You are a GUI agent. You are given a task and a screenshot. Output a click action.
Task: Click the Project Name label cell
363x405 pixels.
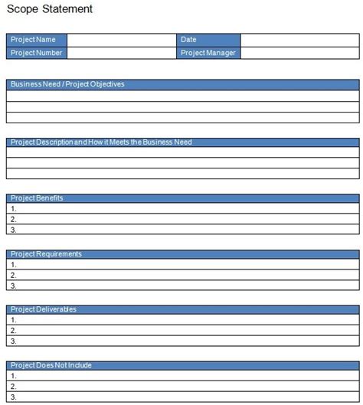(37, 39)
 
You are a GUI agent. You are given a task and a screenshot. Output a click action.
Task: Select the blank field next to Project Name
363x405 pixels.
(121, 39)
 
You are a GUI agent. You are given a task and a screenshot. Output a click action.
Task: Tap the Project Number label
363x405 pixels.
(37, 53)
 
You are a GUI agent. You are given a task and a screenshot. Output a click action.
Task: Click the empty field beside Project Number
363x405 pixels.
(121, 53)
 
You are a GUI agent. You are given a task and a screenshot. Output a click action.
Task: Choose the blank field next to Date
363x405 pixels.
(299, 39)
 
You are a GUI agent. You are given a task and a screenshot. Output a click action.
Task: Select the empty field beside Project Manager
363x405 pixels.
(299, 53)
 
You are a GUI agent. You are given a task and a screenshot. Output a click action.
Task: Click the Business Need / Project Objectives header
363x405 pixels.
(182, 84)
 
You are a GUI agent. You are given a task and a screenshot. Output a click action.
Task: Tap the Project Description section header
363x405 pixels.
(182, 142)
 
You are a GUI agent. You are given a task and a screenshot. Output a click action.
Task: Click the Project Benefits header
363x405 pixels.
(182, 198)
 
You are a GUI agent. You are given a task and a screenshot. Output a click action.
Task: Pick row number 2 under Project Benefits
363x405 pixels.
(182, 219)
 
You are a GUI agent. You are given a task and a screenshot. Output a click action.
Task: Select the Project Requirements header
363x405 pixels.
(182, 253)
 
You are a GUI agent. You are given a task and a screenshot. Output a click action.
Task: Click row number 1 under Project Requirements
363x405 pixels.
(182, 265)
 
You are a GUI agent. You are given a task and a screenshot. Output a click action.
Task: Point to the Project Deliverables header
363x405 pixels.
(182, 309)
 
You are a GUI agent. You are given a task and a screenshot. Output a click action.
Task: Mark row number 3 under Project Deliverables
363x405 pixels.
(182, 341)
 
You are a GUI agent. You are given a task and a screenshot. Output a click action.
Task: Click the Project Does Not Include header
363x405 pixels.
(182, 365)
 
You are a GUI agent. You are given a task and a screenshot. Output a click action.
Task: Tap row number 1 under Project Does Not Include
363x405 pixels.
(182, 376)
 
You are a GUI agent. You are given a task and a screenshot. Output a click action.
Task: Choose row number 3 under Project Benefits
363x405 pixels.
(182, 230)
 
